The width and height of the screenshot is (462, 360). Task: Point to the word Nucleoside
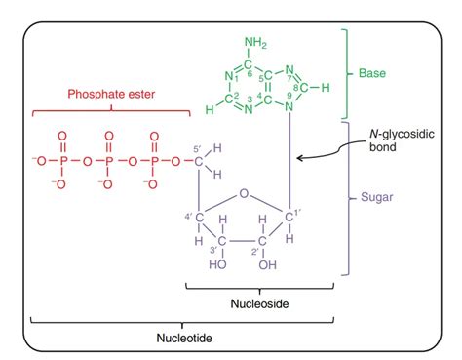(258, 303)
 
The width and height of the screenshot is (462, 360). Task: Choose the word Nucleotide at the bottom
(181, 338)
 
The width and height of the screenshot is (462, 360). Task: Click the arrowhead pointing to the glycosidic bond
(298, 156)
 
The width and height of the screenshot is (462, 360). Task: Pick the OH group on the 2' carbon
(266, 264)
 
